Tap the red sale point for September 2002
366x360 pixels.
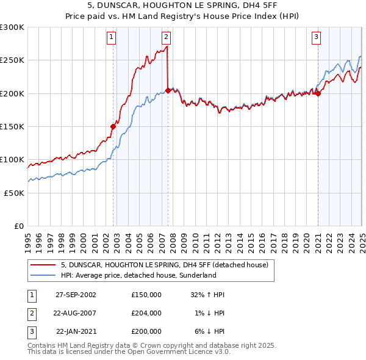coord(113,126)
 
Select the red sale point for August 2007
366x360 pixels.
coord(168,91)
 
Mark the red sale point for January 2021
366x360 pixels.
coord(318,93)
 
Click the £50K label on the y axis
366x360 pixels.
coord(14,193)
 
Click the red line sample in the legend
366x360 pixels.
coord(43,265)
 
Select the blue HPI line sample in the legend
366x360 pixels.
coord(43,276)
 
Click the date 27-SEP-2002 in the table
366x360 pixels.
coord(76,295)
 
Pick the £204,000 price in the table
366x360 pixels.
coord(146,313)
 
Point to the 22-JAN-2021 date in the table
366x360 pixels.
coord(76,331)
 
